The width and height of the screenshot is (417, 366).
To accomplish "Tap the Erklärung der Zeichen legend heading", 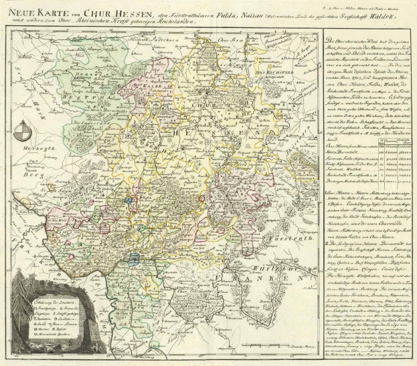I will pyautogui.click(x=49, y=302).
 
